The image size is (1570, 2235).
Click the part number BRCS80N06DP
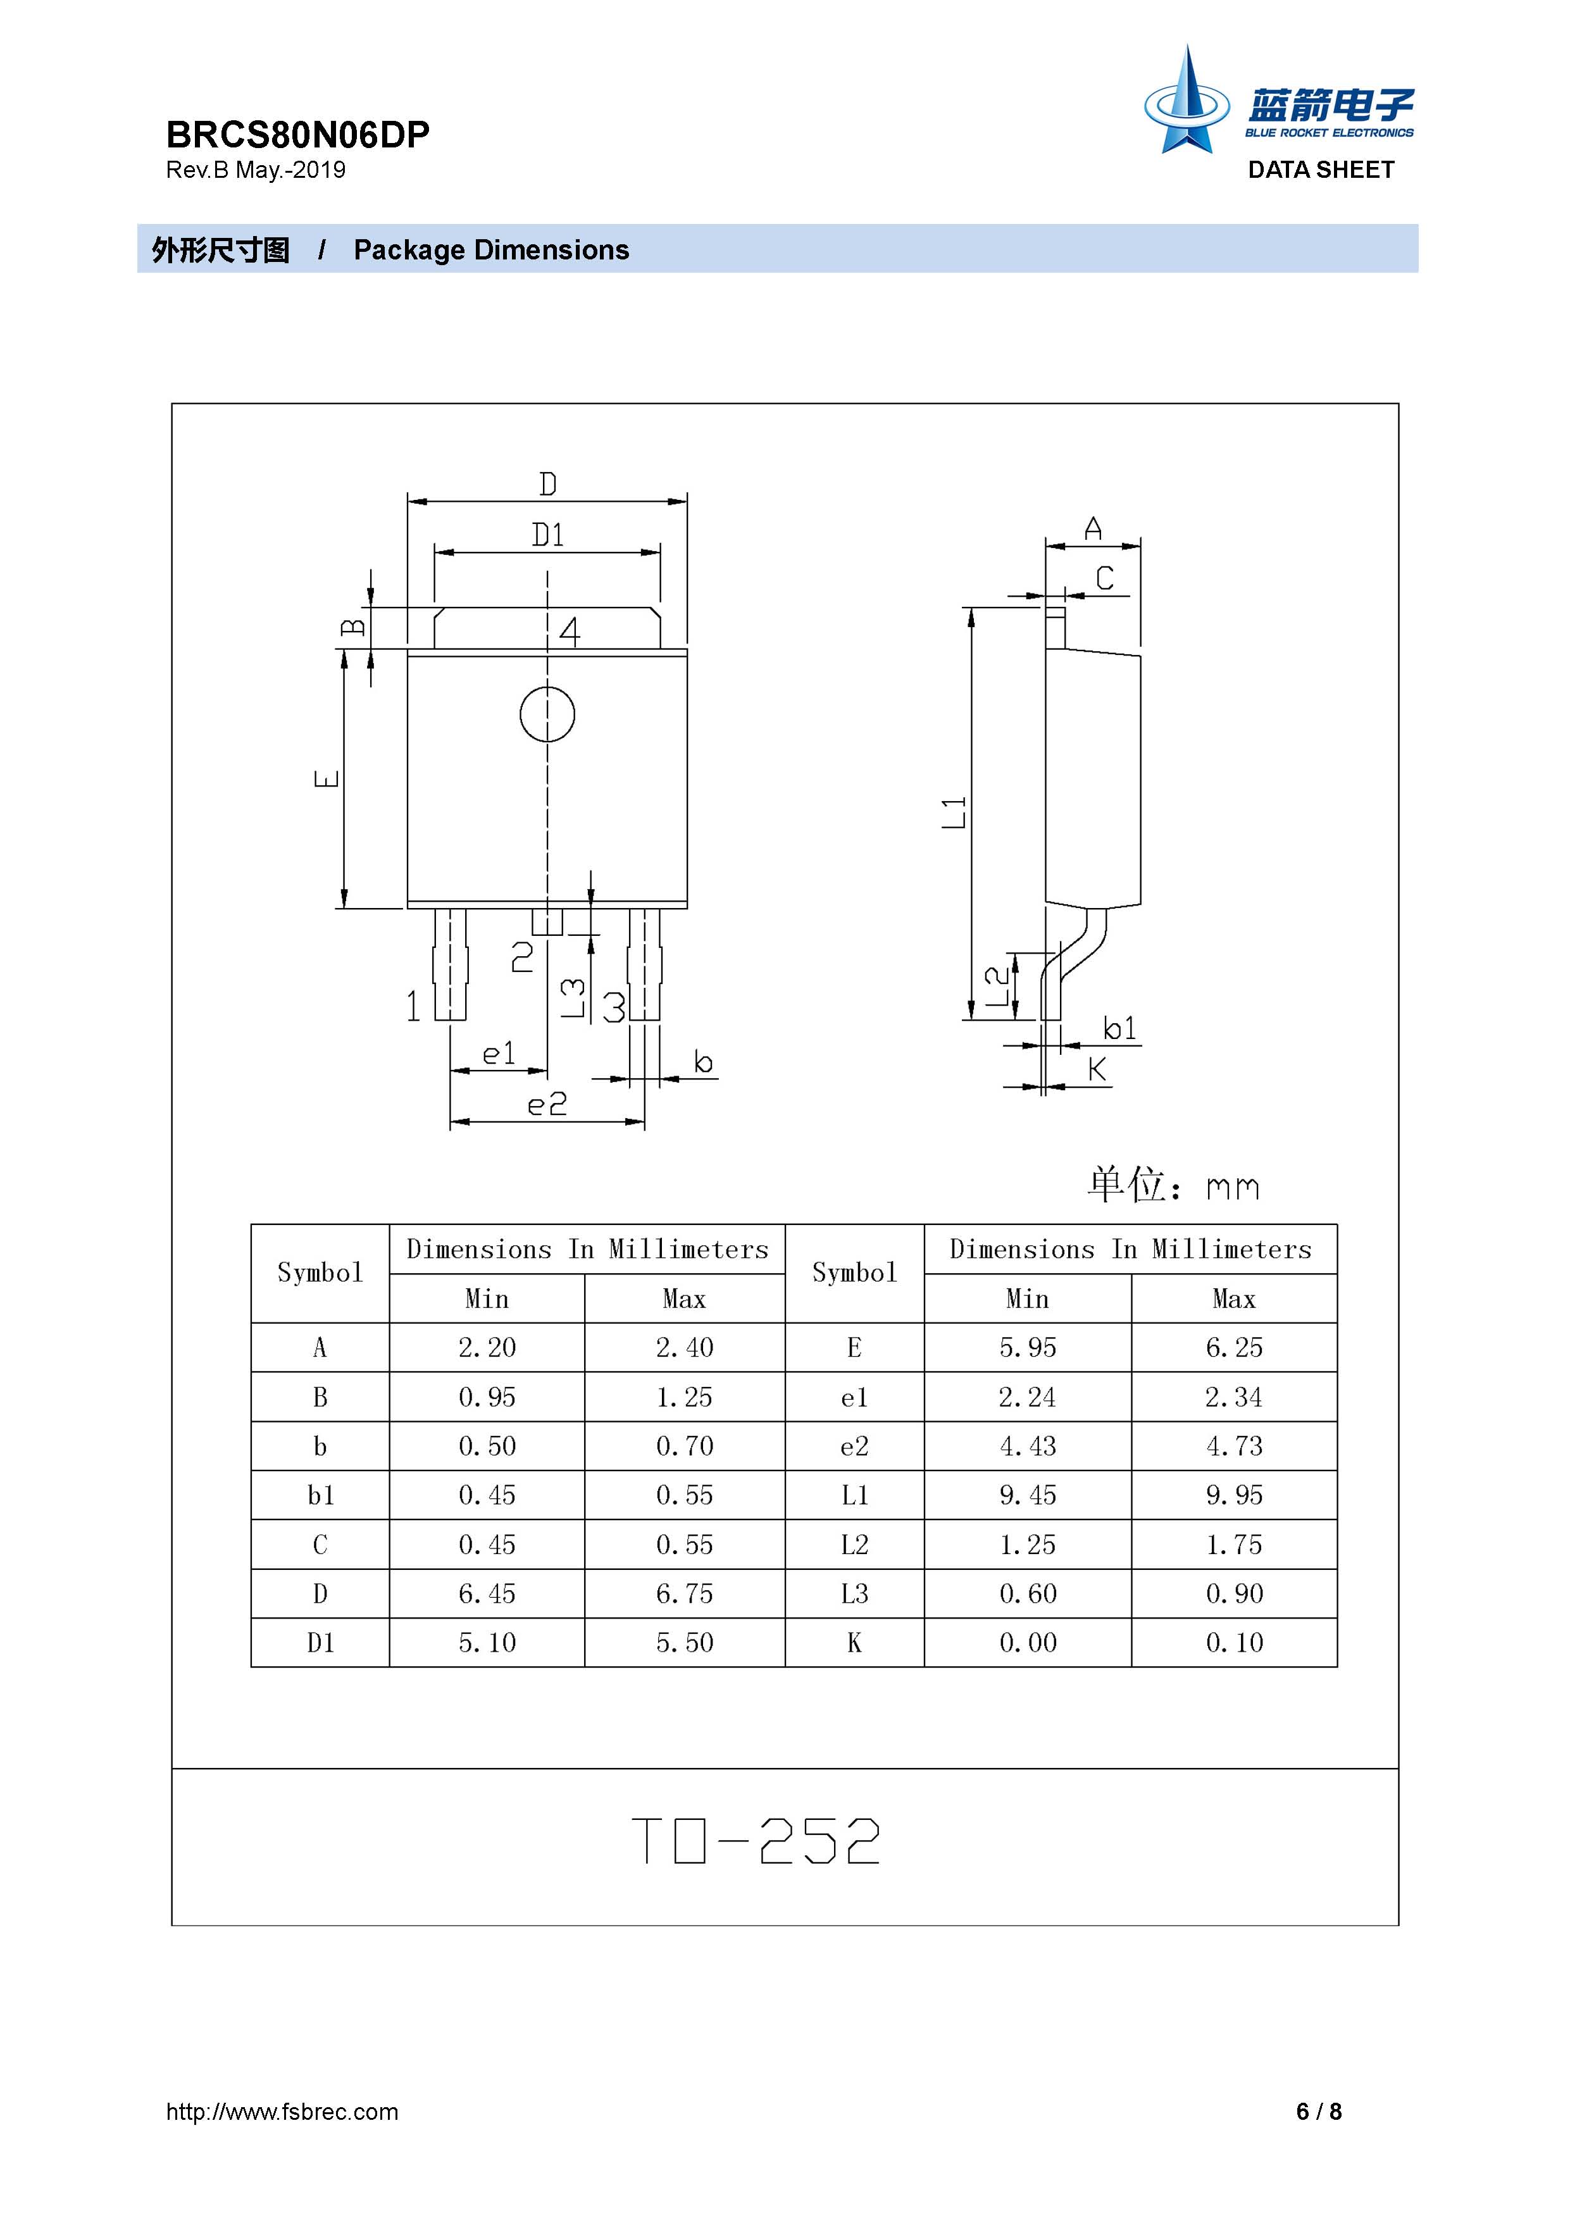point(298,134)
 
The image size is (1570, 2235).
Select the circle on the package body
point(547,714)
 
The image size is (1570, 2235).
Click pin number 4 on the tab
point(570,632)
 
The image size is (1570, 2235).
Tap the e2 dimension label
point(547,1104)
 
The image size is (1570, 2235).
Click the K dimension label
point(1097,1070)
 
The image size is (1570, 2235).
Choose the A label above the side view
point(1093,528)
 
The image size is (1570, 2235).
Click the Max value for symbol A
point(684,1347)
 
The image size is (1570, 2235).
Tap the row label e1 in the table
point(854,1397)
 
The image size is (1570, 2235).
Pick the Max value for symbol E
point(1234,1347)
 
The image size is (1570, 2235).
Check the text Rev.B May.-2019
point(256,170)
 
